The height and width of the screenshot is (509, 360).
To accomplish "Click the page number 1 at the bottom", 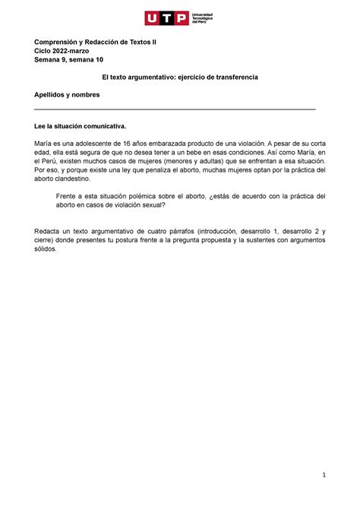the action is pos(324,476).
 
